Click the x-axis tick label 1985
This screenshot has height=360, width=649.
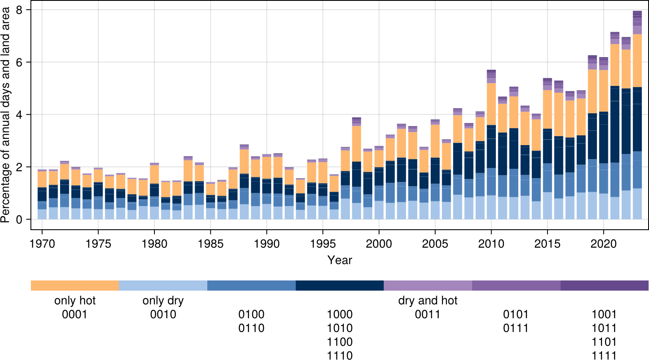(x=211, y=244)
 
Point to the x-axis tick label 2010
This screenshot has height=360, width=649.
(x=491, y=244)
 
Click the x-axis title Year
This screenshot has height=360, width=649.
(x=340, y=260)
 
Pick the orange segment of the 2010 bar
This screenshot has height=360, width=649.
(x=491, y=104)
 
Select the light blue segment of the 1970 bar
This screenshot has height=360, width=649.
(x=42, y=214)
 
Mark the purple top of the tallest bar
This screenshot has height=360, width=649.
(x=637, y=19)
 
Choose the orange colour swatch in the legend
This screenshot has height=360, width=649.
(x=75, y=286)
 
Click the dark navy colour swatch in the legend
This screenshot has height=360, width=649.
(x=340, y=286)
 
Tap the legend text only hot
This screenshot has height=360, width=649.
(x=75, y=301)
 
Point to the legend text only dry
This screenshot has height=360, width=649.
(x=163, y=301)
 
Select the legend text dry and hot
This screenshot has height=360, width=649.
(x=428, y=301)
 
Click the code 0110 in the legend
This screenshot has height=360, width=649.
(x=251, y=328)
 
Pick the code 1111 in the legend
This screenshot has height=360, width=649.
(x=604, y=355)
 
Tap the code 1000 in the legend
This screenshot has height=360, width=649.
(x=340, y=314)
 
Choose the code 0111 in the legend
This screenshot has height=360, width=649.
(x=516, y=328)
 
